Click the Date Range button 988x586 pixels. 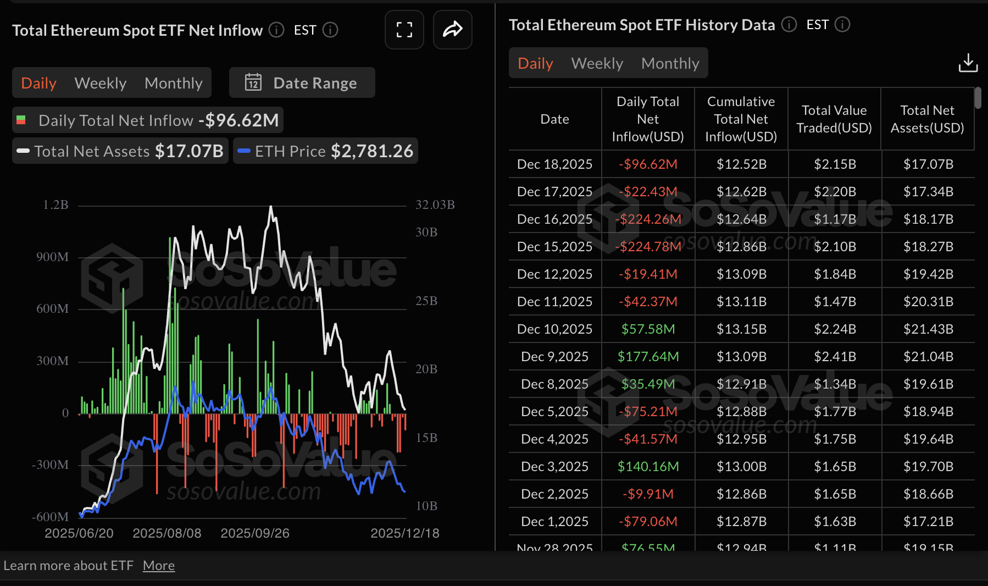[302, 83]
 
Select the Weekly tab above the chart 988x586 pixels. [101, 83]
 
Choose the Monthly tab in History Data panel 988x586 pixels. [670, 63]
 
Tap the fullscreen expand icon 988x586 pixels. [404, 30]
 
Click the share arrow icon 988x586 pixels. [452, 30]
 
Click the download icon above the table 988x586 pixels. [968, 63]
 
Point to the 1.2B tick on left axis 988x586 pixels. [55, 205]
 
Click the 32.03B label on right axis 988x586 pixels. [435, 205]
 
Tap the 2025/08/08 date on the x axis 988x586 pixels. [167, 533]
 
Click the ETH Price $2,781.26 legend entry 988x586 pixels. [326, 151]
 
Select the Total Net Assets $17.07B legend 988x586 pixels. [120, 151]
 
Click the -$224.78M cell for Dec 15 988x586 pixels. [648, 247]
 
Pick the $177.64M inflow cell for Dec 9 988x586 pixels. [648, 357]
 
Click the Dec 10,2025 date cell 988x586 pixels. [554, 329]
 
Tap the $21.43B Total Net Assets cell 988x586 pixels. [928, 329]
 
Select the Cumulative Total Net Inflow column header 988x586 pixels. [741, 119]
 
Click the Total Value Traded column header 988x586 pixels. [834, 119]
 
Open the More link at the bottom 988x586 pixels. [159, 566]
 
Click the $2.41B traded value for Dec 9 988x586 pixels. [835, 357]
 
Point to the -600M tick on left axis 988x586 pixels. [51, 517]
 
